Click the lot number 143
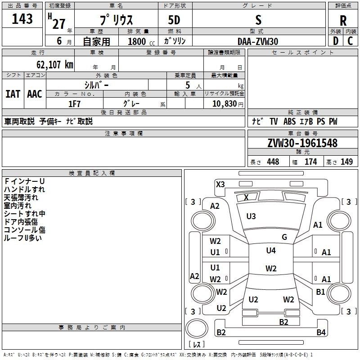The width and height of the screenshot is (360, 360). [22, 19]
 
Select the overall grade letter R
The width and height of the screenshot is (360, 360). [343, 21]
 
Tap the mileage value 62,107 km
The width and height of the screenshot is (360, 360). [55, 65]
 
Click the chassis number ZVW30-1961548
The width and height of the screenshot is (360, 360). [302, 143]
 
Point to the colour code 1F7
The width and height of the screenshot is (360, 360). [74, 104]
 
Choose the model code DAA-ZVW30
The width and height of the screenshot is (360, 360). [258, 41]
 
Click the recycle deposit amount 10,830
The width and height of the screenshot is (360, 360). [224, 104]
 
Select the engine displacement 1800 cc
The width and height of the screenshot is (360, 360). [141, 41]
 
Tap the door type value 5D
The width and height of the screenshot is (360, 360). [174, 20]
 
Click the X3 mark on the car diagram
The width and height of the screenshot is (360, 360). [220, 184]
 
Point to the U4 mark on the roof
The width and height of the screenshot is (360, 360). [271, 251]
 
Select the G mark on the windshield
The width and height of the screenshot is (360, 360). [284, 237]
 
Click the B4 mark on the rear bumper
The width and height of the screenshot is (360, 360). [321, 332]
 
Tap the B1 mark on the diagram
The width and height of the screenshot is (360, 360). [320, 292]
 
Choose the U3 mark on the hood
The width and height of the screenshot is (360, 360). [251, 216]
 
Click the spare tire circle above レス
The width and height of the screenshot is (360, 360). [197, 328]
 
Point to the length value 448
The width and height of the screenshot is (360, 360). [273, 162]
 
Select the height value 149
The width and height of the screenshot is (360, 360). [346, 162]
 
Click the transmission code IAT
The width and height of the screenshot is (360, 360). [13, 94]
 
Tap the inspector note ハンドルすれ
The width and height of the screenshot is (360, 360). [24, 189]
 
